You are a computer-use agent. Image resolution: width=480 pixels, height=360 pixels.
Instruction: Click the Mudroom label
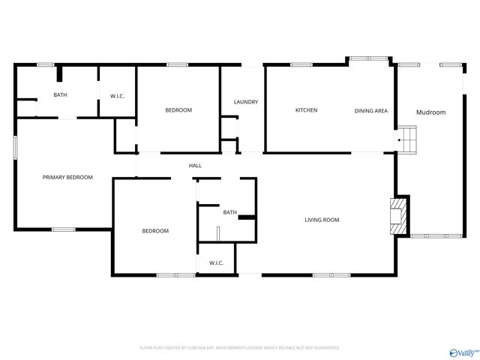click(431, 112)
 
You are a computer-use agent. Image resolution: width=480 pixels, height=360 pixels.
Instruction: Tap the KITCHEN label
click(306, 110)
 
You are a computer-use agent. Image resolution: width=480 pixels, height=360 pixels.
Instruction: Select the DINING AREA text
click(371, 111)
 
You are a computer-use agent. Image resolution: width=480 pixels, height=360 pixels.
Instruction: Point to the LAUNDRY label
click(246, 102)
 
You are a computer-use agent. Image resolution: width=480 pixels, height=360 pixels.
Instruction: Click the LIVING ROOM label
click(322, 220)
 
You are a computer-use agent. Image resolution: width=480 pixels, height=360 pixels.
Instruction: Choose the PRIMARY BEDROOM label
click(67, 177)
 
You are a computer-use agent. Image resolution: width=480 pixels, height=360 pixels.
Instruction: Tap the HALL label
click(195, 166)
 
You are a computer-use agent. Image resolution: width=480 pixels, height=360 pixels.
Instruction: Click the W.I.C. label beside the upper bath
click(117, 95)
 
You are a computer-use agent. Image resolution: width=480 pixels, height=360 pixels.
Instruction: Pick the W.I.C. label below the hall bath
click(216, 262)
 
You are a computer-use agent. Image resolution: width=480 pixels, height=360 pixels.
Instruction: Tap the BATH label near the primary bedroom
click(59, 95)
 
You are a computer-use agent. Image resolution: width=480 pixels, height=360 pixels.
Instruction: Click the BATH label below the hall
click(229, 212)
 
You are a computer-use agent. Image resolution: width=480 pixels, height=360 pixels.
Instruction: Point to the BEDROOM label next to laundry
click(178, 110)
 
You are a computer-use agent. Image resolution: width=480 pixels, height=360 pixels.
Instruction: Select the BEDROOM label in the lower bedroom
click(155, 231)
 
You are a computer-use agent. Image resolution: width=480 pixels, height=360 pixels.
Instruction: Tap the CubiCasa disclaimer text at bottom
click(240, 348)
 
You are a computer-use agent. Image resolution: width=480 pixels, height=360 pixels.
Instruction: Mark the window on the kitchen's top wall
click(301, 64)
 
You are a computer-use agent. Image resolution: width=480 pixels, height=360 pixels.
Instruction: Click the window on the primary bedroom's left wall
click(15, 147)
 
